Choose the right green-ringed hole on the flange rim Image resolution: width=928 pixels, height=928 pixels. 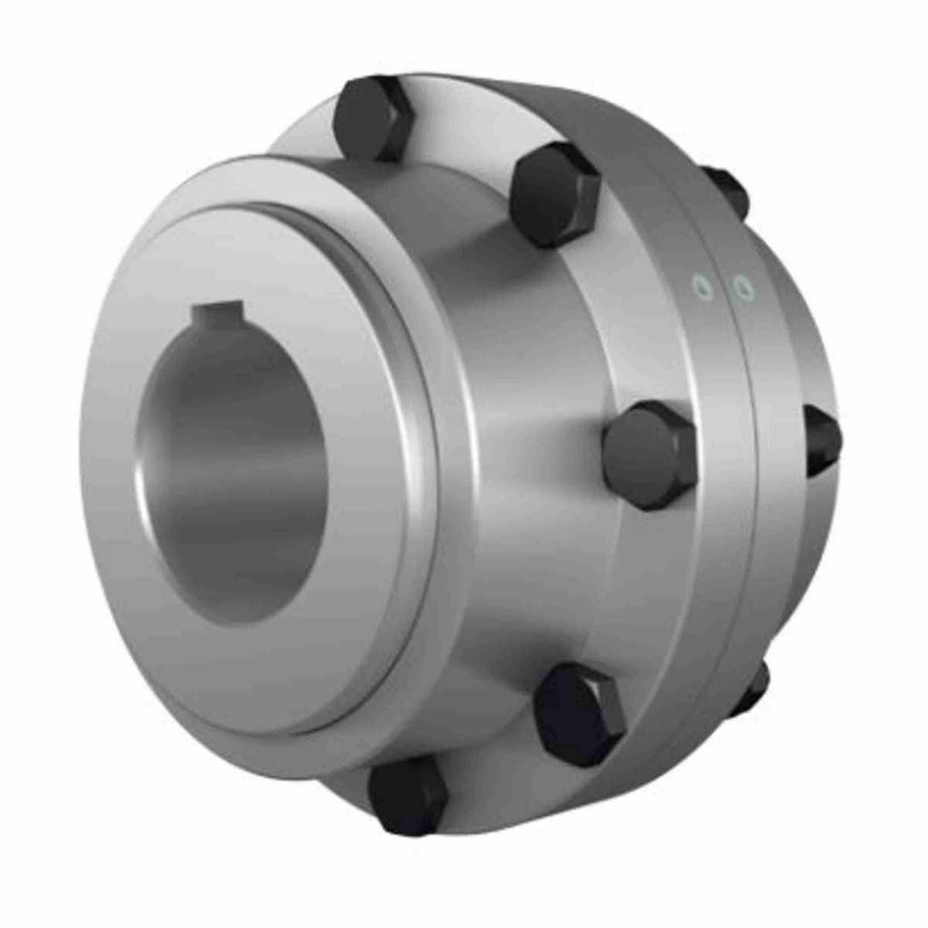coord(744,288)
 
